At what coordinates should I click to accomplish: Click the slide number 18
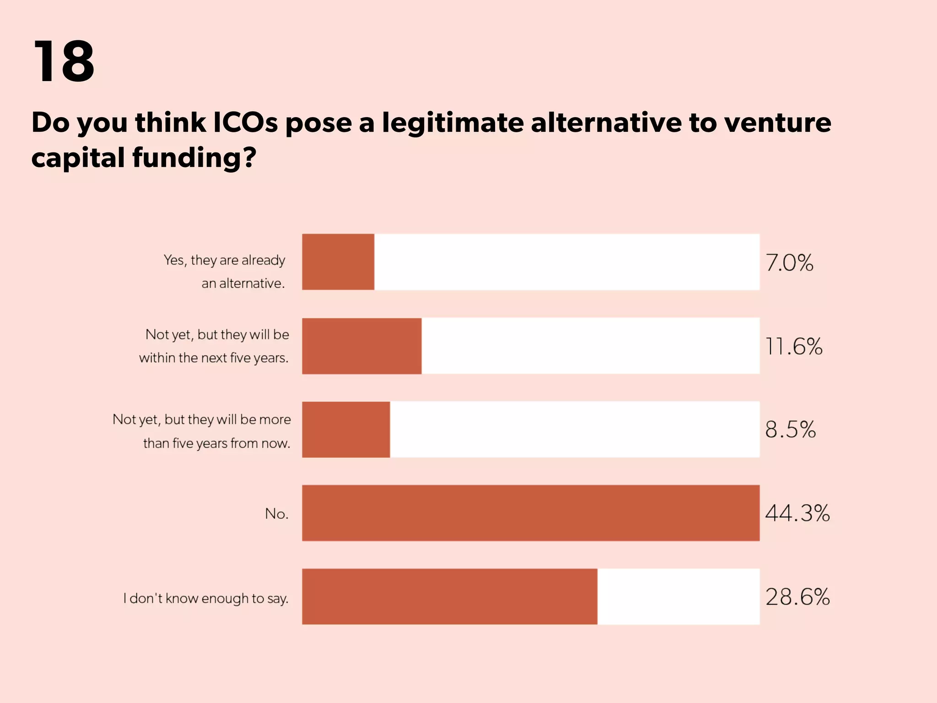(64, 61)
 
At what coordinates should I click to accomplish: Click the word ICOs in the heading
(245, 123)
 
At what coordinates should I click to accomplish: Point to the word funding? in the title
(194, 158)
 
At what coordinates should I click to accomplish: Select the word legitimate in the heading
(452, 123)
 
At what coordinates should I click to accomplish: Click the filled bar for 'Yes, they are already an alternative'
(338, 262)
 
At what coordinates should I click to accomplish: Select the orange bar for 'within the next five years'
(361, 346)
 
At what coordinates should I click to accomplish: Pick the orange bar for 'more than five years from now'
(346, 429)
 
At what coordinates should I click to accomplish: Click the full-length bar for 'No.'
(531, 513)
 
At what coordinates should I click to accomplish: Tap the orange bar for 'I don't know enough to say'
(449, 596)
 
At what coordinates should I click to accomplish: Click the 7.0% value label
(790, 263)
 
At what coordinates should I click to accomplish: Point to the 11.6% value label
(794, 346)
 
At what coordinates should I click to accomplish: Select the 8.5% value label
(791, 430)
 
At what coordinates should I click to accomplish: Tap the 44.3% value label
(797, 513)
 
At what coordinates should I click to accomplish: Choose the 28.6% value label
(797, 597)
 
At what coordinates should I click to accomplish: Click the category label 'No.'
(277, 514)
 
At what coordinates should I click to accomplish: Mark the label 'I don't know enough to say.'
(206, 599)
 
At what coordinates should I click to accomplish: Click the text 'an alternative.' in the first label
(243, 284)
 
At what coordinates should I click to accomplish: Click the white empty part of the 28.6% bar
(678, 596)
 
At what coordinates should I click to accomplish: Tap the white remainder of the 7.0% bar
(566, 262)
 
